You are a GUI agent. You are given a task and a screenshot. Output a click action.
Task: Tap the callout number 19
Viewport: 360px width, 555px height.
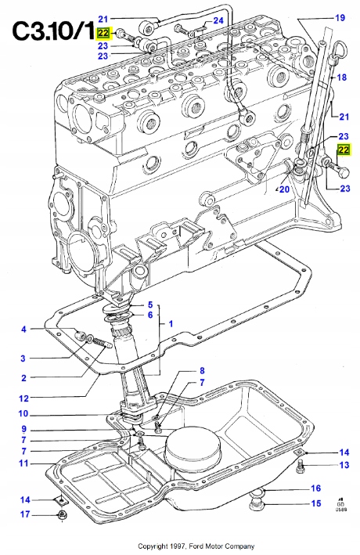point(340,17)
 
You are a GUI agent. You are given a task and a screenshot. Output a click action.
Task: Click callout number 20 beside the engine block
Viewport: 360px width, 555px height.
point(284,189)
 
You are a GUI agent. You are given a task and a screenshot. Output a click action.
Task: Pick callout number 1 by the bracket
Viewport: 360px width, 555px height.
point(171,323)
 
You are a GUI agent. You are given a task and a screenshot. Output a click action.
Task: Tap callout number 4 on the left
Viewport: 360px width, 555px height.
point(23,329)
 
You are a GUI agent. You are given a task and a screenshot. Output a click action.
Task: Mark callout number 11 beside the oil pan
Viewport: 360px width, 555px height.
point(23,463)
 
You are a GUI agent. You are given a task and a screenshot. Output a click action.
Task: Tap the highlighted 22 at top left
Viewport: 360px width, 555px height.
point(103,32)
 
